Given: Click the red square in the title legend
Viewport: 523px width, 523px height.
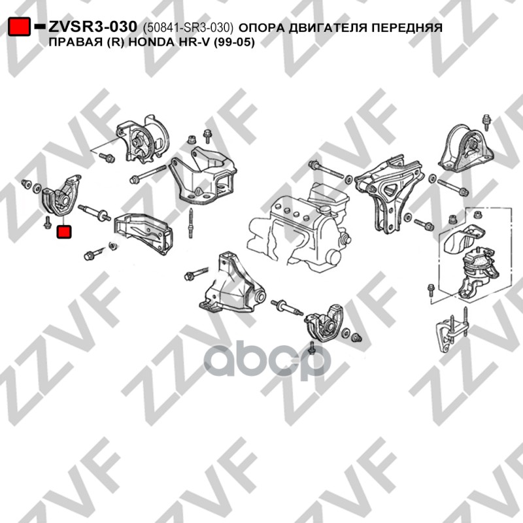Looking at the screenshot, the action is point(20,26).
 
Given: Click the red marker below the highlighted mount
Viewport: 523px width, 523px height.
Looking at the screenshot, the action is point(64,232).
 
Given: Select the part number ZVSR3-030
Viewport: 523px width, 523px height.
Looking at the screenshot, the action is point(93,27).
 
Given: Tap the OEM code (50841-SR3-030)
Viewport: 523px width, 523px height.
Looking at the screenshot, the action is point(188,27).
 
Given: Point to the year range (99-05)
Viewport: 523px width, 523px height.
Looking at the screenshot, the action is point(233,42).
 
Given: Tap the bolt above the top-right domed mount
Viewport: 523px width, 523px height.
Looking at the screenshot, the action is point(487,122).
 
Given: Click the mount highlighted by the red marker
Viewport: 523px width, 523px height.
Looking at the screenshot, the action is point(61,195).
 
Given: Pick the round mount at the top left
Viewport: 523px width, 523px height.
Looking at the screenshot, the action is point(142,139).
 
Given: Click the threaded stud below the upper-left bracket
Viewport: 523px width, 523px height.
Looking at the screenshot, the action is point(190,223).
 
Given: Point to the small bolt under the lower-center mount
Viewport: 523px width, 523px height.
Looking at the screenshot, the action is point(312,348).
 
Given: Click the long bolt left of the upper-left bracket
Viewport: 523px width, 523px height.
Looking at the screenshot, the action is point(148,174).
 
